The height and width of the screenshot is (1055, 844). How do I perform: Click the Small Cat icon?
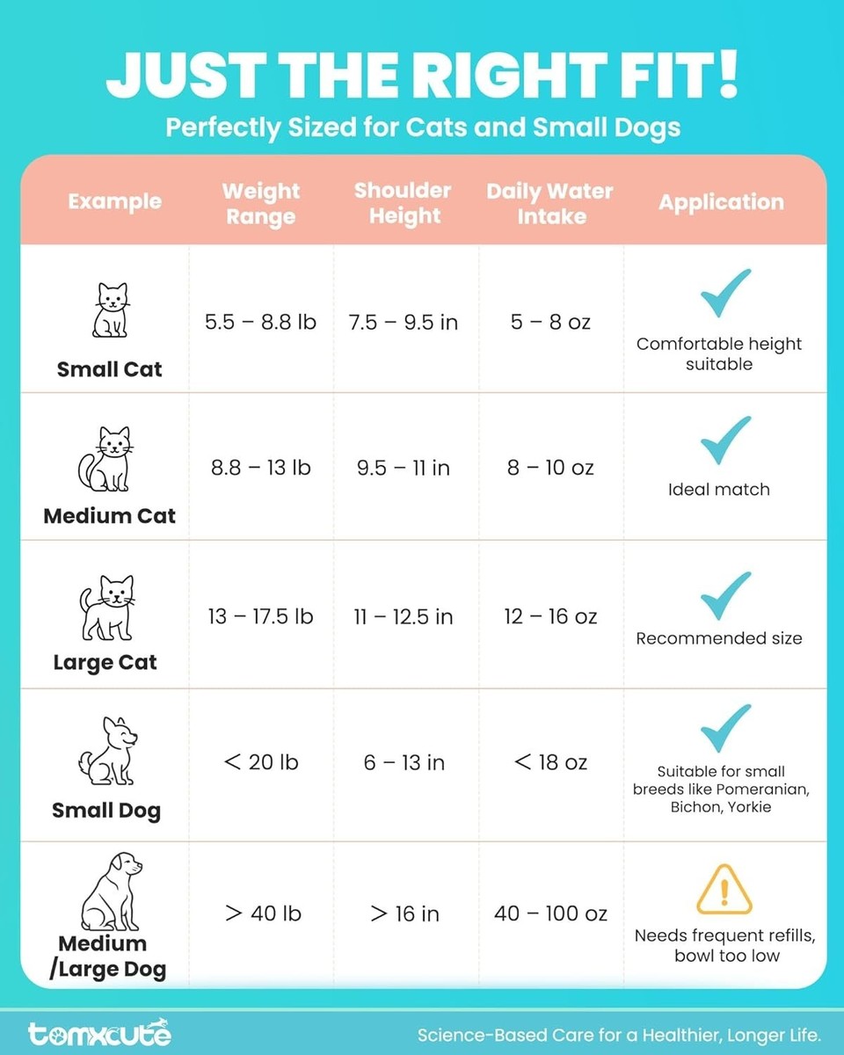(110, 309)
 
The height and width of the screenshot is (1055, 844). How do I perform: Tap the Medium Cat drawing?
(106, 459)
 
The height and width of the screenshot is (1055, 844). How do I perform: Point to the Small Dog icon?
(109, 751)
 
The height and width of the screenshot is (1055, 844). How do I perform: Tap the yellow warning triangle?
(724, 889)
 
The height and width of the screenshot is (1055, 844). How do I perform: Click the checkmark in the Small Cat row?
(725, 294)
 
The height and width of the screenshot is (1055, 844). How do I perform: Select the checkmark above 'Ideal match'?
(725, 440)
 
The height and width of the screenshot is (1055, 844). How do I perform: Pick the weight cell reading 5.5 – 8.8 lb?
(260, 322)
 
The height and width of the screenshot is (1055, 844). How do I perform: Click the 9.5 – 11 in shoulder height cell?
(404, 468)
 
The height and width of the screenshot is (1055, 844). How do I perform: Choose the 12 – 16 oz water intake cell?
(550, 616)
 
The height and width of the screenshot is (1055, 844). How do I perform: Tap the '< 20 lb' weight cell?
(261, 762)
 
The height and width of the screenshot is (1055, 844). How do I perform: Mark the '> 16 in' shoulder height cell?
(404, 913)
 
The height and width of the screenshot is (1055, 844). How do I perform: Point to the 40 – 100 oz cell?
(550, 913)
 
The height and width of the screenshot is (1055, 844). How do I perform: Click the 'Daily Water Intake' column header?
(550, 203)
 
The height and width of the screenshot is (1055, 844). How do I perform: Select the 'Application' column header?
(721, 202)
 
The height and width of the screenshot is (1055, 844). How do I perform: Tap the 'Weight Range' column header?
(261, 203)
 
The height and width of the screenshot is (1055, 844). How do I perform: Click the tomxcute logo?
(99, 1033)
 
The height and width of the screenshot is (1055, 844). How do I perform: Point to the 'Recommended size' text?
(719, 638)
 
